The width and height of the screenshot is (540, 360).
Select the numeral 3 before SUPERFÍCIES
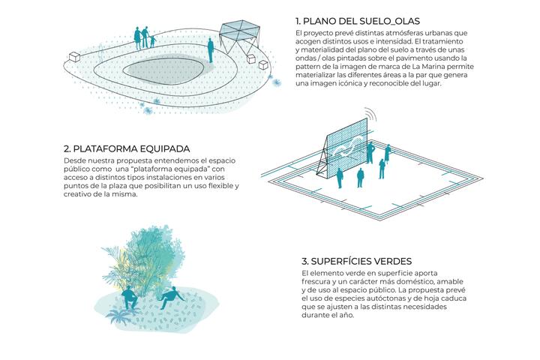tap(304, 261)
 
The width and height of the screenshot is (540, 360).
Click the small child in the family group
tap(152, 42)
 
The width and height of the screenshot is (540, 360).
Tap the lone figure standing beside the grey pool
tap(211, 50)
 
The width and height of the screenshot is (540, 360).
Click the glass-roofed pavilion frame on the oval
tap(239, 37)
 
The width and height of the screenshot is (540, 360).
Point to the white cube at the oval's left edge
tap(75, 56)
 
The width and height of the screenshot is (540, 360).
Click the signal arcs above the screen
tap(371, 115)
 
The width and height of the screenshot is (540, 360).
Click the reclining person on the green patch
tap(171, 298)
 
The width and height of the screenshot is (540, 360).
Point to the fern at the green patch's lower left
tap(118, 314)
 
